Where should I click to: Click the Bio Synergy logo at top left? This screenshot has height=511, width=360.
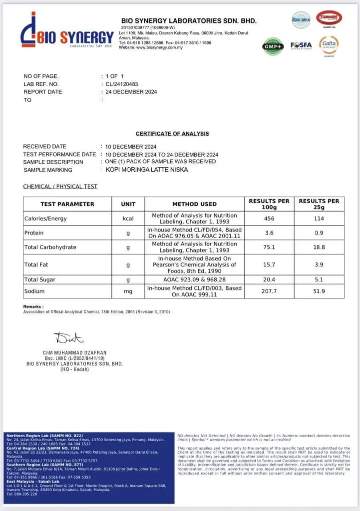(67, 32)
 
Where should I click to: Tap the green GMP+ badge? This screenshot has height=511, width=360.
(272, 45)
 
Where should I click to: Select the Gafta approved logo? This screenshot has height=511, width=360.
(329, 45)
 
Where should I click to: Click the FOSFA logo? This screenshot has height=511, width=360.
(301, 45)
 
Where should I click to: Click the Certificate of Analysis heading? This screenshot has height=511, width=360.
(172, 134)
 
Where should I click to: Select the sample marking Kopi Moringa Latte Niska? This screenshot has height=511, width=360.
(147, 170)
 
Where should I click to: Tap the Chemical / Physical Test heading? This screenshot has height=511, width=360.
(60, 187)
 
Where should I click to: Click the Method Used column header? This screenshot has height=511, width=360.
(195, 204)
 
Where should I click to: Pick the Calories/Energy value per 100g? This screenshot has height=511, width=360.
(269, 219)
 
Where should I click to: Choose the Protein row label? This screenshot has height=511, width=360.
(34, 233)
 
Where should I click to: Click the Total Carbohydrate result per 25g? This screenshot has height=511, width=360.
(319, 247)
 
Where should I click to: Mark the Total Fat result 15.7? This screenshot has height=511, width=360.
(269, 264)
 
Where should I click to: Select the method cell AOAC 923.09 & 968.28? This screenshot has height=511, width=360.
(195, 280)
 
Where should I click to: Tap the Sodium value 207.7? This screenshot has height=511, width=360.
(269, 291)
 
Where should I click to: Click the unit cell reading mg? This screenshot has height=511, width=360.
(128, 291)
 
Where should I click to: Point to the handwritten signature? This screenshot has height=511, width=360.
(68, 339)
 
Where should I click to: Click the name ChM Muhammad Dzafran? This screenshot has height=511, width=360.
(75, 353)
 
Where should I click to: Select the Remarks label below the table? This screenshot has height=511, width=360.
(33, 306)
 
